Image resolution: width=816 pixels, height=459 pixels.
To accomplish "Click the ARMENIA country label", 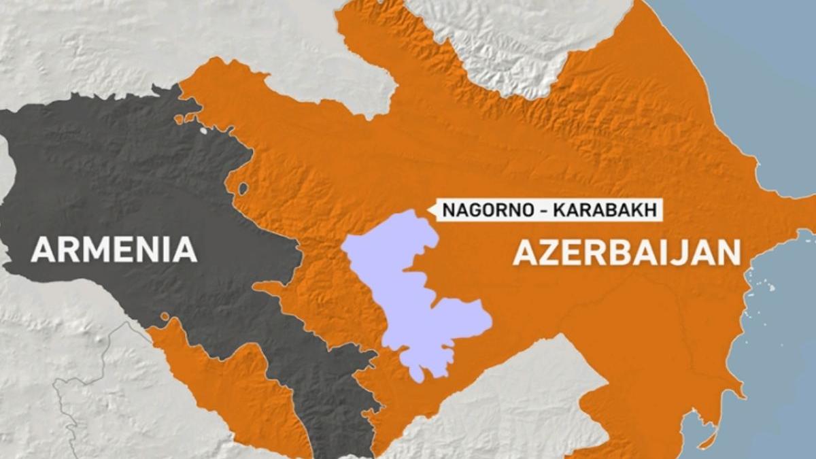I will [114, 250].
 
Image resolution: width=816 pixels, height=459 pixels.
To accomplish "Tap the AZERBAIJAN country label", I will [626, 252].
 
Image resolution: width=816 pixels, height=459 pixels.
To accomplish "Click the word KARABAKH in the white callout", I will [605, 210].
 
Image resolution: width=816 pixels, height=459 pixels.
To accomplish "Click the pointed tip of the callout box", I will [429, 210].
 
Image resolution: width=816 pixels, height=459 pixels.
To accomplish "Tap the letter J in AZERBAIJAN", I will [681, 252].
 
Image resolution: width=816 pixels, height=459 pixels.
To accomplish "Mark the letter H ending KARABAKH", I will [651, 210].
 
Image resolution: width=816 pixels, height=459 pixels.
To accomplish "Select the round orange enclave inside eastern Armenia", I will [243, 188].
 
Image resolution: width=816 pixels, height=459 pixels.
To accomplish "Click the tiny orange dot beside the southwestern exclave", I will [165, 316].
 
